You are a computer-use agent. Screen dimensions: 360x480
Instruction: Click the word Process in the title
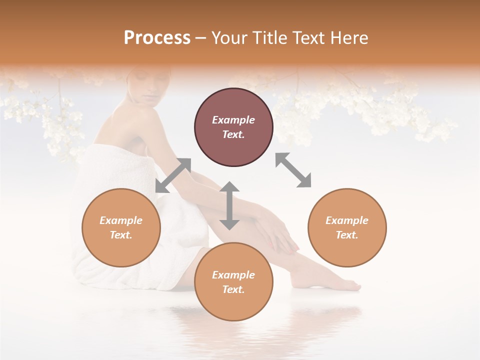tap(157, 38)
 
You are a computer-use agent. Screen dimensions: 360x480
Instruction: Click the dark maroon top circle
tap(233, 127)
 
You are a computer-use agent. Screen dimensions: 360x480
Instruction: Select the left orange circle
tap(121, 227)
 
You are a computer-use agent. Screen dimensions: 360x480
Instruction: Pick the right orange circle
tap(347, 227)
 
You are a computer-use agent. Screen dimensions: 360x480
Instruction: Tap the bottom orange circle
tap(233, 282)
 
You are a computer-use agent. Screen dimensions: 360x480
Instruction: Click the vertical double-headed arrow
tap(229, 205)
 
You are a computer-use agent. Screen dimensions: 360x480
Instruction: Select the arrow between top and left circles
tap(173, 175)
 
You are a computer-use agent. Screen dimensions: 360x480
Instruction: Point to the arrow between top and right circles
tap(293, 170)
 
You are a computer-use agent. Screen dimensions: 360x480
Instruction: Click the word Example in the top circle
tap(233, 120)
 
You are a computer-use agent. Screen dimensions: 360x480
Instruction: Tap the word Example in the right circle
tap(347, 220)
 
